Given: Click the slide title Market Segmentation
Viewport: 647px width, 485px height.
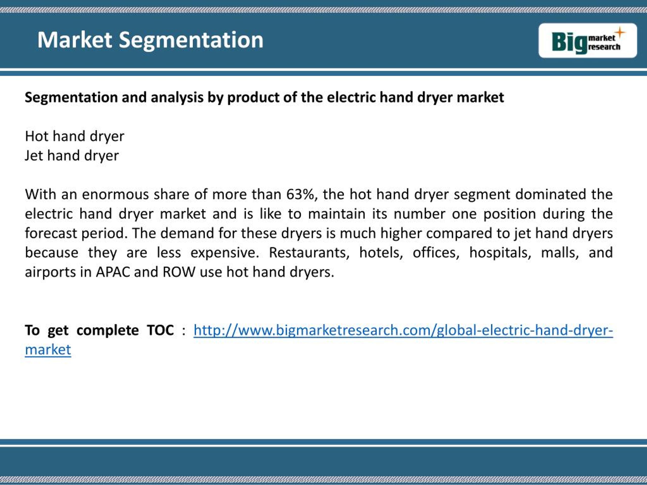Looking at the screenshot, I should (x=150, y=40).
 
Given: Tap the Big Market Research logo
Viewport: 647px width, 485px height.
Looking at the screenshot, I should (x=588, y=41).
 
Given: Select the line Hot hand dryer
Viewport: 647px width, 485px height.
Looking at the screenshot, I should (x=75, y=136).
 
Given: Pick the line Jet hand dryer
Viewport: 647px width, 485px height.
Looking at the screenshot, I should (x=72, y=156).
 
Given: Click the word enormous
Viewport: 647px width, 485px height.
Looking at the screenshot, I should (x=115, y=195).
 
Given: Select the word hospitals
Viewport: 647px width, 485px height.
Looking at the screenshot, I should (x=500, y=253).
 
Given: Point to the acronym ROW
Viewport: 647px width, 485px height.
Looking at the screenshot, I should (x=179, y=272).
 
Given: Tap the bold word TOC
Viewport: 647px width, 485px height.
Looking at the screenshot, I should (x=160, y=330).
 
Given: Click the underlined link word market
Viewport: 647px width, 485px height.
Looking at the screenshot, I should (x=48, y=350).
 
